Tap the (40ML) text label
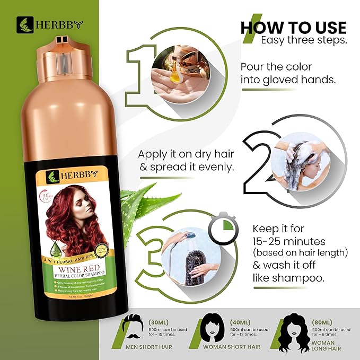click(242, 321)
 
